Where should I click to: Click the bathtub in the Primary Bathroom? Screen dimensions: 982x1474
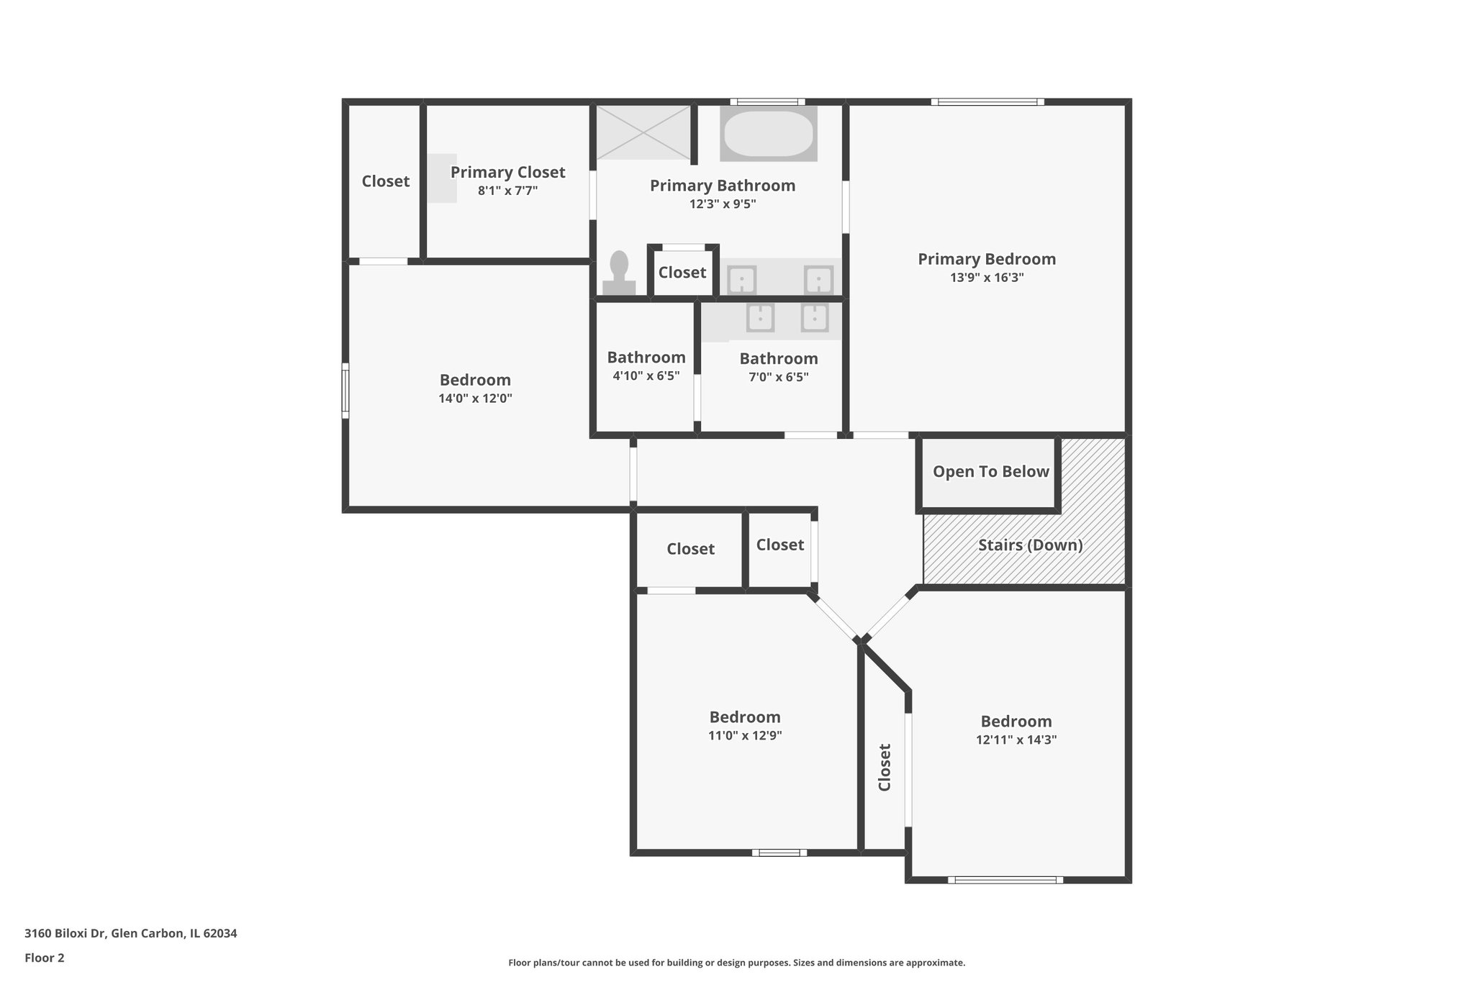point(768,134)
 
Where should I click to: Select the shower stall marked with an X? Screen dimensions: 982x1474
point(643,132)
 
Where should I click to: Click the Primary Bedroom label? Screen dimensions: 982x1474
point(986,259)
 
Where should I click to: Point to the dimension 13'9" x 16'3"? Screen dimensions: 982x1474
point(986,278)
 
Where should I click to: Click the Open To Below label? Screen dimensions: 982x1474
point(990,472)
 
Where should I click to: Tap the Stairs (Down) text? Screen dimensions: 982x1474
point(1030,545)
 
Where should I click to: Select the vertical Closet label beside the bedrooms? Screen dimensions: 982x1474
point(885,768)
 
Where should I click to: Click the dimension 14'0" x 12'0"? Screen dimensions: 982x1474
point(475,399)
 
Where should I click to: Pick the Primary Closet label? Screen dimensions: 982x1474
point(507,173)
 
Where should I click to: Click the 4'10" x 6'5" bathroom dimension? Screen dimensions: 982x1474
point(646,376)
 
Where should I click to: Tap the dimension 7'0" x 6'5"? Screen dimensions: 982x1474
point(778,377)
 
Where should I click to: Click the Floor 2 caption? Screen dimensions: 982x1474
point(45,958)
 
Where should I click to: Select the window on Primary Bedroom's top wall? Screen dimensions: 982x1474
point(987,102)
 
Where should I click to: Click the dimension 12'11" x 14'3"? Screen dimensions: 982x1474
point(1016,740)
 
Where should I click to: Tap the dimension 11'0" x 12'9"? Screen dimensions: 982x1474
point(744,736)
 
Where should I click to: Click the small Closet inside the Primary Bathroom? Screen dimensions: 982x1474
point(682,273)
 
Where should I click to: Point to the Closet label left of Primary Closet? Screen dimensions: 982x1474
point(385,181)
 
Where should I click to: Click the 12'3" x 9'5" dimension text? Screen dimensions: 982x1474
point(722,204)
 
